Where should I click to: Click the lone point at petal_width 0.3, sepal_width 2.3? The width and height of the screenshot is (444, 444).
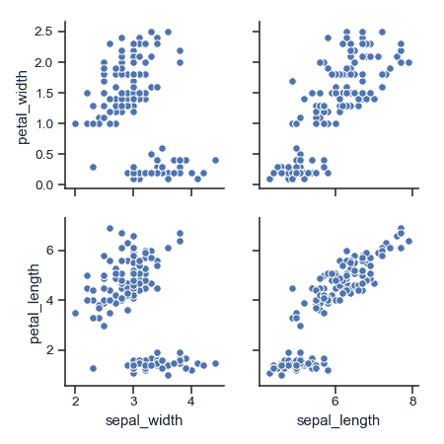[93, 167]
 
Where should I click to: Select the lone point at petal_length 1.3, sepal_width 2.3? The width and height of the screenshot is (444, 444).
[93, 368]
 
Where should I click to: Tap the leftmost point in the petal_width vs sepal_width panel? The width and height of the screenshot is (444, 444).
[76, 123]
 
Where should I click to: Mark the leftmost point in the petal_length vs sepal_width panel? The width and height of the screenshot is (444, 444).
[76, 313]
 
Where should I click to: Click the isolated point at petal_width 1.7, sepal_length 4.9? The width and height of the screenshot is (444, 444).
[292, 81]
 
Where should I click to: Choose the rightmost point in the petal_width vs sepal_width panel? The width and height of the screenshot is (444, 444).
[215, 160]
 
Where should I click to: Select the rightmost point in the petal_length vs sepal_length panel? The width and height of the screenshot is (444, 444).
[408, 240]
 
